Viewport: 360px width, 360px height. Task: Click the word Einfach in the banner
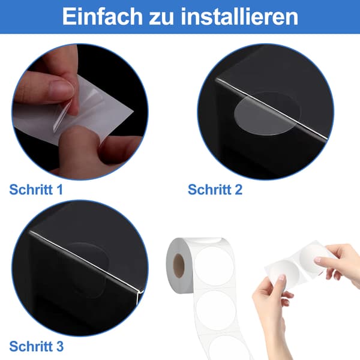pos(103,16)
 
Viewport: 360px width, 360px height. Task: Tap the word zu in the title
pos(161,19)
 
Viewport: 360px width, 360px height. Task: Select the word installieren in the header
pos(239,16)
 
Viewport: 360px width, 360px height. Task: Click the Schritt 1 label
pos(36,190)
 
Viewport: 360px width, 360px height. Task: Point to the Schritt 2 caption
pos(215,190)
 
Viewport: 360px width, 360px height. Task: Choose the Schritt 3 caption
pos(36,346)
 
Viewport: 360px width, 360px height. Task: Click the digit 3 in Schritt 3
pos(59,346)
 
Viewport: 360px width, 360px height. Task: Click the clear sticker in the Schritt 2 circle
pos(266,113)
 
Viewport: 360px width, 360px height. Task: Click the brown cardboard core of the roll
pos(179,266)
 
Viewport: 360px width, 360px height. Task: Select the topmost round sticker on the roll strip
pos(214,266)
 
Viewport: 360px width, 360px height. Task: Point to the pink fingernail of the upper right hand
pos(318,260)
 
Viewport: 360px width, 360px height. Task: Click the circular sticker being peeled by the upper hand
pos(314,257)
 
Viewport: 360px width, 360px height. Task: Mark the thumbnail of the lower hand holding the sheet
pos(281,278)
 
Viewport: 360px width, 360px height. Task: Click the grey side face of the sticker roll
pos(179,266)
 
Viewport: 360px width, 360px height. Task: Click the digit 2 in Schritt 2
pos(238,190)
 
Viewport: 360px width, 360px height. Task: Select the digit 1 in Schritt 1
pos(59,190)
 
